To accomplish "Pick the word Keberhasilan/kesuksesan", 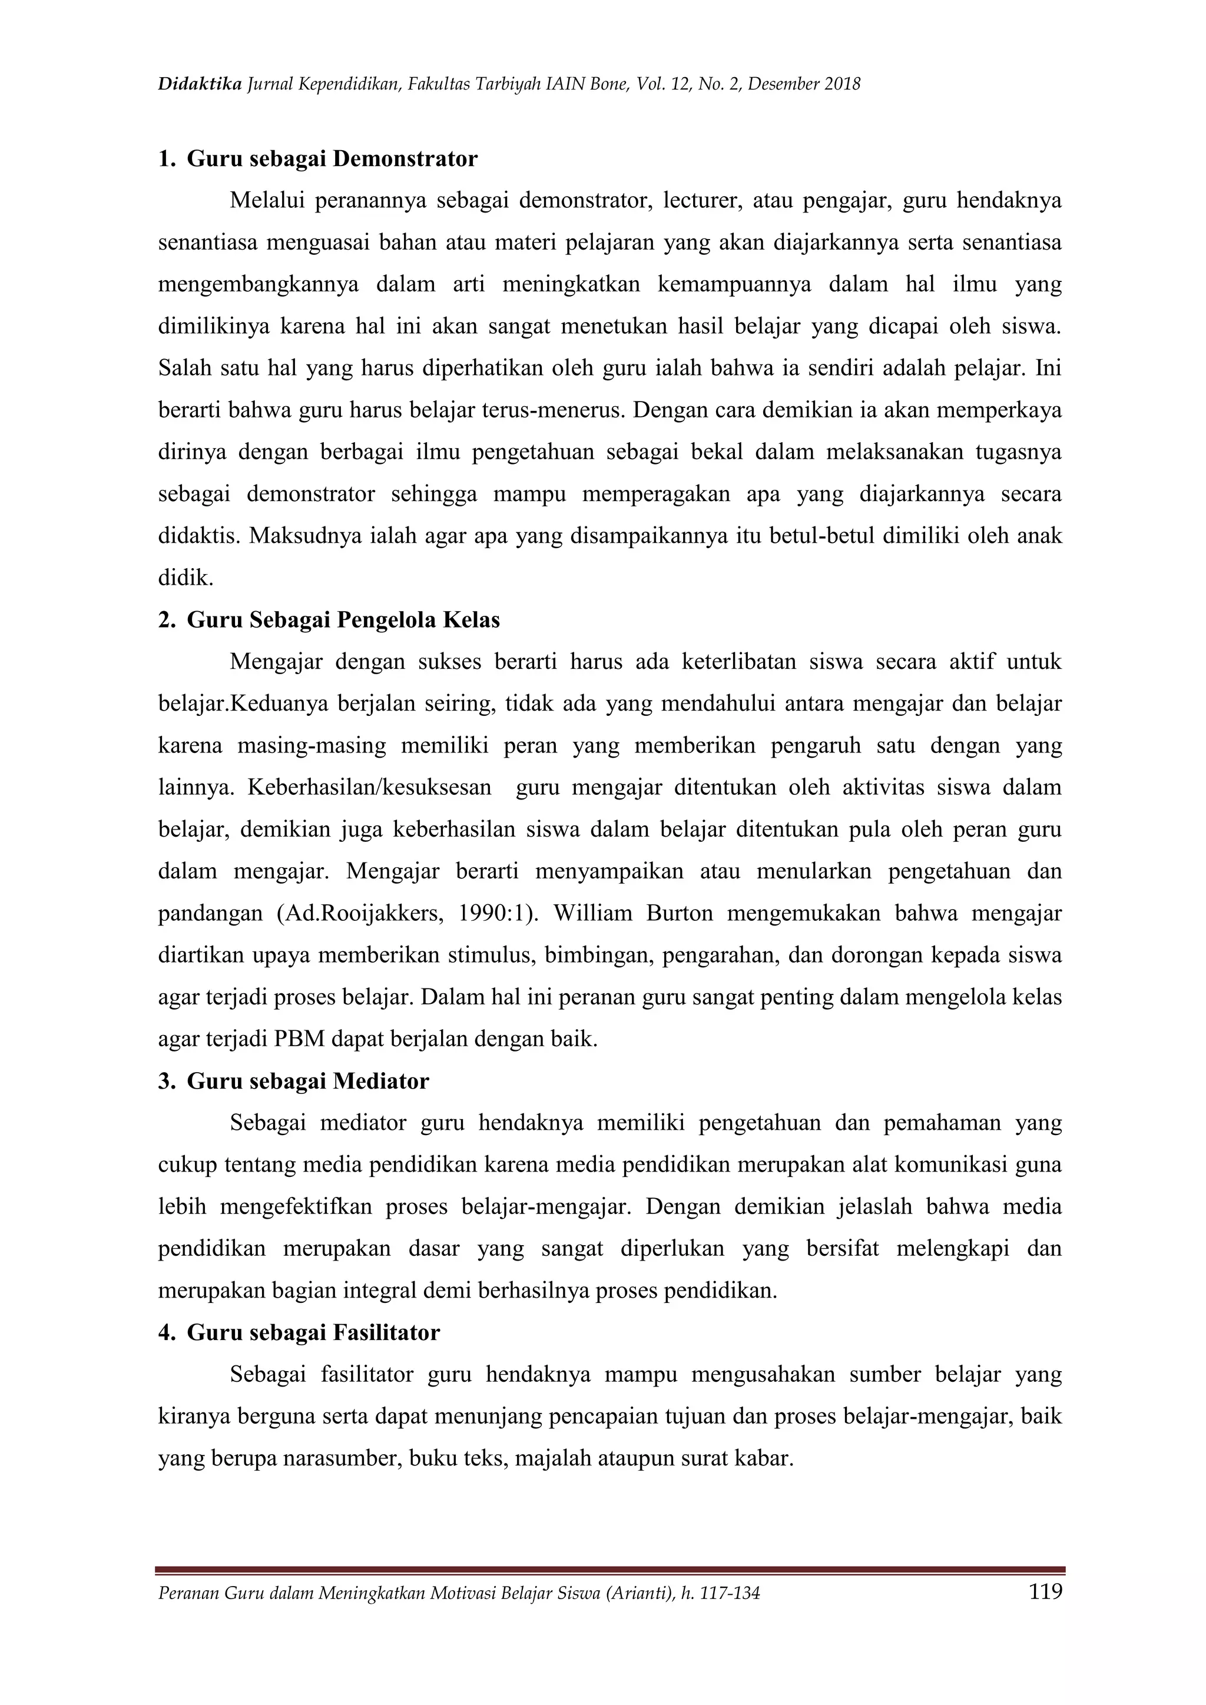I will pyautogui.click(x=369, y=787).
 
